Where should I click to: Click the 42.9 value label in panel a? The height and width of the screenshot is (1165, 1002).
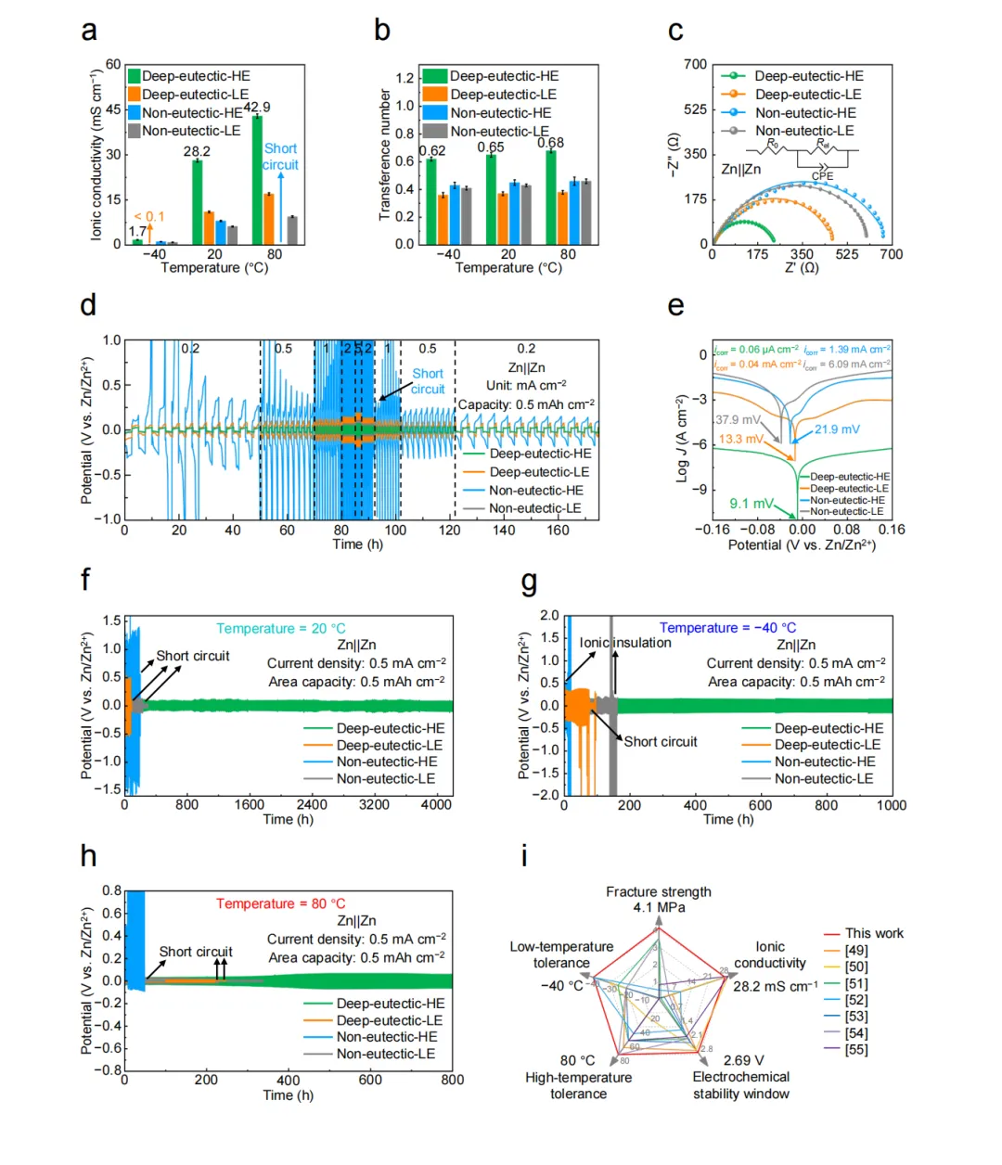pyautogui.click(x=257, y=108)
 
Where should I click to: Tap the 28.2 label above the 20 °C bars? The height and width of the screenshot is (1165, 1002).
pyautogui.click(x=197, y=151)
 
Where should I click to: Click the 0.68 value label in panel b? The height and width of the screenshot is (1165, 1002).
pyautogui.click(x=550, y=143)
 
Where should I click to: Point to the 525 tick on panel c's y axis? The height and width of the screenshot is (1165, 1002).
pyautogui.click(x=695, y=109)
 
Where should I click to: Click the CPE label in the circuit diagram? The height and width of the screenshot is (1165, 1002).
pyautogui.click(x=822, y=176)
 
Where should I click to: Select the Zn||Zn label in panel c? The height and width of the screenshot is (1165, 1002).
pyautogui.click(x=740, y=170)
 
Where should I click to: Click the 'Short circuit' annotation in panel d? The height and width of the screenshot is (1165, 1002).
pyautogui.click(x=428, y=381)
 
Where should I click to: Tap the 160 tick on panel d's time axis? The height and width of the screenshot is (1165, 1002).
pyautogui.click(x=558, y=531)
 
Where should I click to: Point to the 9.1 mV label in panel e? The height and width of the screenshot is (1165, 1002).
pyautogui.click(x=751, y=504)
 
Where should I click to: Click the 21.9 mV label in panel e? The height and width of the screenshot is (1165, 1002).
pyautogui.click(x=837, y=429)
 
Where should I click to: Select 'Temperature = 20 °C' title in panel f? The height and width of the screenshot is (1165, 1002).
pyautogui.click(x=280, y=629)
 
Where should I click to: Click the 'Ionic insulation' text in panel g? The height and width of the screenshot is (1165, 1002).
pyautogui.click(x=625, y=643)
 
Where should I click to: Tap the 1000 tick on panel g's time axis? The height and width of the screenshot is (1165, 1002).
pyautogui.click(x=892, y=805)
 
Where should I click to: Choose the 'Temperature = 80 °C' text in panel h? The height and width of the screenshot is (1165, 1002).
pyautogui.click(x=280, y=903)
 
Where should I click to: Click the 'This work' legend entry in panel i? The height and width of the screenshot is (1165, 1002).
pyautogui.click(x=874, y=933)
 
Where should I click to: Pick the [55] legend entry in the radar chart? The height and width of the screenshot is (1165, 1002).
pyautogui.click(x=856, y=1049)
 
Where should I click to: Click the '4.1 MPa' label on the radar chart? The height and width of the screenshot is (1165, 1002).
pyautogui.click(x=659, y=907)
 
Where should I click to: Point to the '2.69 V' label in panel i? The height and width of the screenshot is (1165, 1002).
pyautogui.click(x=743, y=1060)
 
